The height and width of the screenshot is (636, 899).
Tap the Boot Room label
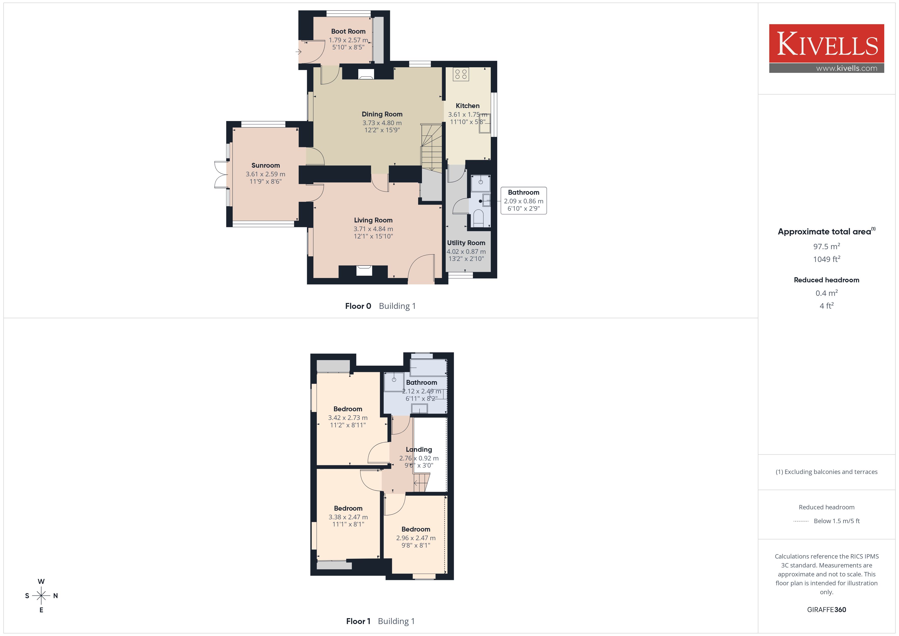[x=348, y=31]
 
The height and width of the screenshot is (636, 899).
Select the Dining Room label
[x=382, y=114]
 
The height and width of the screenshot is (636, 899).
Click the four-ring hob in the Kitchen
[x=461, y=74]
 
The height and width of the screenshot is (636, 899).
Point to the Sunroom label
[x=266, y=165]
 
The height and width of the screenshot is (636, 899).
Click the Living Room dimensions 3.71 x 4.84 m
[x=373, y=229]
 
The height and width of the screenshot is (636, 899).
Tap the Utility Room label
[x=466, y=243]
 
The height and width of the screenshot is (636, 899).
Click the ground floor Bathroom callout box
[x=523, y=201]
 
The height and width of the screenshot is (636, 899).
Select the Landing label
[x=419, y=449]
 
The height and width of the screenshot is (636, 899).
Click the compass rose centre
[x=41, y=596]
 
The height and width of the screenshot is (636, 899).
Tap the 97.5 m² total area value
[x=827, y=246]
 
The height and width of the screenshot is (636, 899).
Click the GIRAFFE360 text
[x=827, y=610]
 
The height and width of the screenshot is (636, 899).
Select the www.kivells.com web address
[x=847, y=68]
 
